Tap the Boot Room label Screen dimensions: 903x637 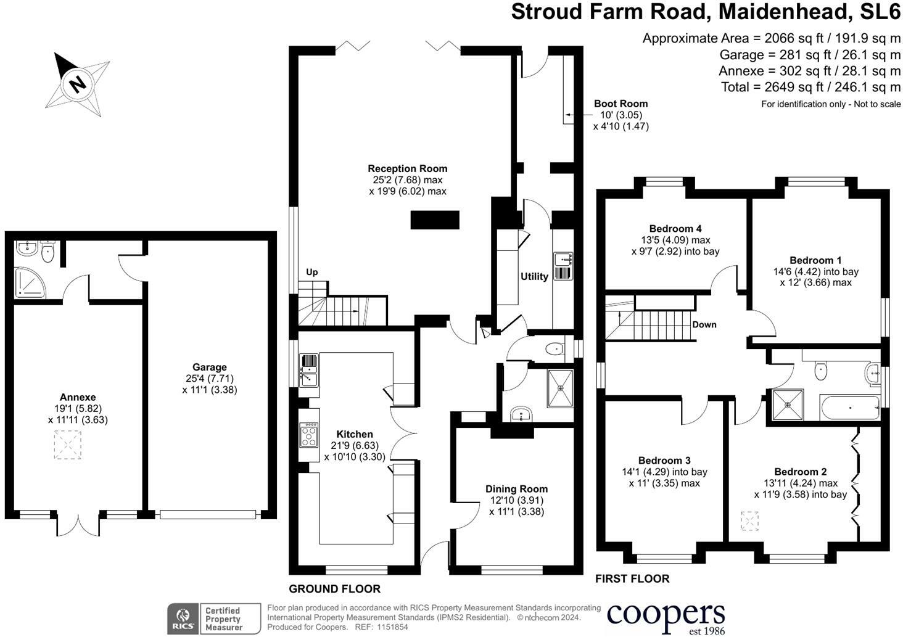coord(621,104)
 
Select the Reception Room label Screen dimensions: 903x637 coord(408,168)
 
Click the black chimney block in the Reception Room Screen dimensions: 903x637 coord(435,220)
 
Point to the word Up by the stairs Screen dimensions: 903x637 coord(311,272)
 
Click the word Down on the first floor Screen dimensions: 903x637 coord(704,324)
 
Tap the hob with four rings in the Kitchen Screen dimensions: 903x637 coord(309,435)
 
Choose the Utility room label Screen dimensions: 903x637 coord(534,276)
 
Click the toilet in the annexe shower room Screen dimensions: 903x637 coord(47,252)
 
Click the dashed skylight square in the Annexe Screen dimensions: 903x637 coord(68,445)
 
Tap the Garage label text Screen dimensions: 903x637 coord(209,367)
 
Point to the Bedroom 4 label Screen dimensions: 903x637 coord(675,228)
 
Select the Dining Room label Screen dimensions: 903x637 coord(516,489)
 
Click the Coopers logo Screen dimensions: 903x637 coord(666,619)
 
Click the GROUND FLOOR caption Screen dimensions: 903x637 coord(334,589)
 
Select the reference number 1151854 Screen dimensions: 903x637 coord(392,627)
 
